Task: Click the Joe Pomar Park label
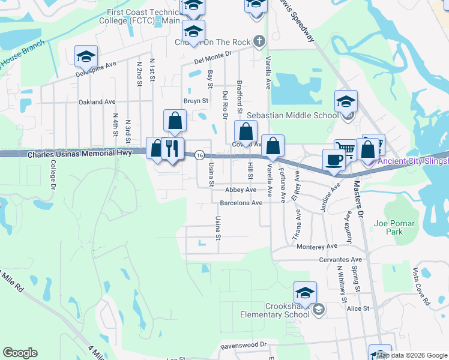coord(394,227)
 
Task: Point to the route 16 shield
coord(199,155)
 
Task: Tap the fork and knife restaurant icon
coord(172,148)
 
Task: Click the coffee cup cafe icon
coord(334,160)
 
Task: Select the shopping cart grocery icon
coord(345,149)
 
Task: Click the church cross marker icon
coord(259,41)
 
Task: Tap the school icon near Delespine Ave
coord(86,56)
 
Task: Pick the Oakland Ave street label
coord(97,102)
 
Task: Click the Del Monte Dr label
coord(212,58)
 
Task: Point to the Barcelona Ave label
coord(241,203)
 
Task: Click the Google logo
coord(20,353)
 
